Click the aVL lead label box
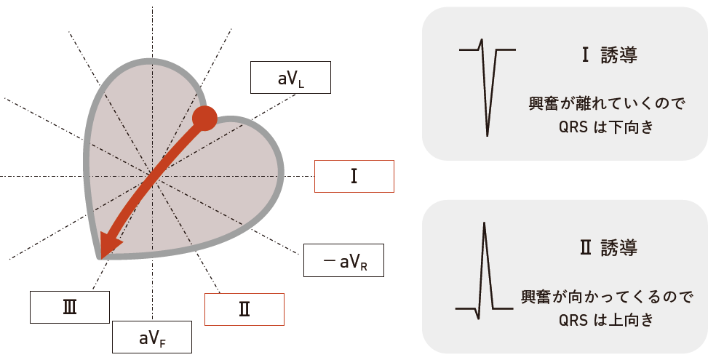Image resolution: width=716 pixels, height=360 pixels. point(290,77)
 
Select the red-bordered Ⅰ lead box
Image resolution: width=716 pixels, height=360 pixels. point(354,176)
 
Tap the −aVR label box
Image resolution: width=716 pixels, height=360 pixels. point(343,260)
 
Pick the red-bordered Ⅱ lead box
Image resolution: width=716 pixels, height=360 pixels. point(244,309)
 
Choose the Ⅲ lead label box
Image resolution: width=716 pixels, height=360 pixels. point(70,307)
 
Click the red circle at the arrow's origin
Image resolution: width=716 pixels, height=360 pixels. point(205,118)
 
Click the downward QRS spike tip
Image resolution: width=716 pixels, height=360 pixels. point(487,135)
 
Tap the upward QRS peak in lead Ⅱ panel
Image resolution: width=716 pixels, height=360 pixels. point(484,224)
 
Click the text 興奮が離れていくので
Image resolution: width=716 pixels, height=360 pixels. point(606,104)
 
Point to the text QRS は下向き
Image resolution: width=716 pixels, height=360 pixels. point(606,127)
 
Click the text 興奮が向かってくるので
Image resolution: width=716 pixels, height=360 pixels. point(606,297)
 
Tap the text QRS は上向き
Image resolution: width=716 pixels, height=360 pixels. point(606,320)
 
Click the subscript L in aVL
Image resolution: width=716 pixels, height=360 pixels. point(301,84)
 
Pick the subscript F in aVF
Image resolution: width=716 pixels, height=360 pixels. point(163,343)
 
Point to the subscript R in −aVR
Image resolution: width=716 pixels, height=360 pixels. point(363,267)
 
